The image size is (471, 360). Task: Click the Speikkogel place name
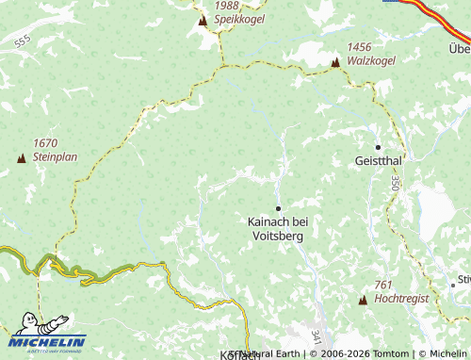[239, 18]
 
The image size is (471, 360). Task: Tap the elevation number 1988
[226, 5]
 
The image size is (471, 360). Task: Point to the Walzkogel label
[371, 60]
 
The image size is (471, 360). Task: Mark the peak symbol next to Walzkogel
[334, 62]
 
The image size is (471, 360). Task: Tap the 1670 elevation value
[45, 143]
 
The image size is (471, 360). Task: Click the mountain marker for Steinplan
[21, 158]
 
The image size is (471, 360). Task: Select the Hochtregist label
[401, 298]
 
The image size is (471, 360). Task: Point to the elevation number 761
[382, 285]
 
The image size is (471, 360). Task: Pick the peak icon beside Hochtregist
[363, 300]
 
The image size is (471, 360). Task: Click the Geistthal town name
[379, 161]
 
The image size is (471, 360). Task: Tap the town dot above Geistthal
[378, 147]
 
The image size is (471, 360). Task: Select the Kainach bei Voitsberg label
[278, 228]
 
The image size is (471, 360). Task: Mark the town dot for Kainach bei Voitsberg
[278, 207]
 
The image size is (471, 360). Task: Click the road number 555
[23, 41]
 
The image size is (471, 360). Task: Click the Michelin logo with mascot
[47, 332]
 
